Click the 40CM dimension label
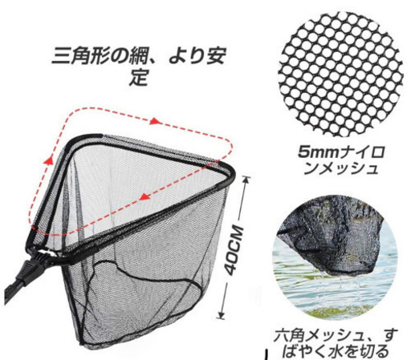[x=234, y=250]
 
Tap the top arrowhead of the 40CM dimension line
[x=247, y=179]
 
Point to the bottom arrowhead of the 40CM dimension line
[x=221, y=316]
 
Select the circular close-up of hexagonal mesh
[x=340, y=74]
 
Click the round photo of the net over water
[x=335, y=257]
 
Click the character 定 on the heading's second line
[x=138, y=78]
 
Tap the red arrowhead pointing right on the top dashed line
[x=156, y=121]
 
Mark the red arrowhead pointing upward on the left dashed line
[x=48, y=160]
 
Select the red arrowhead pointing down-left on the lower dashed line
[x=144, y=197]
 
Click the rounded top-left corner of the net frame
[x=73, y=140]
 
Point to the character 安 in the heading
[x=214, y=55]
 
